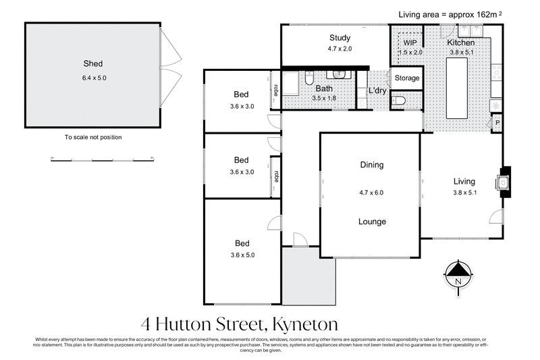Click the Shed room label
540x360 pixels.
pos(93,64)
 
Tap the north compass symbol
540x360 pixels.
pos(458,276)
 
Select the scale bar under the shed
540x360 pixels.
pos(103,159)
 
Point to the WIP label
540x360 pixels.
pos(409,43)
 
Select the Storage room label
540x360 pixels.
pos(407,78)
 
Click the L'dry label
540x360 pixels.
pos(377,91)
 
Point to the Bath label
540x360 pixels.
pos(325,88)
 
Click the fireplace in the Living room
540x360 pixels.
pos(504,181)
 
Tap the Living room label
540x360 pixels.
pos(464,181)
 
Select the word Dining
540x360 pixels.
pos(371,165)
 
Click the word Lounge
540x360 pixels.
pos(372,222)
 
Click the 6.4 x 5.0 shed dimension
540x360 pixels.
pos(93,78)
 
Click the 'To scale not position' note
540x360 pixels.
pos(93,137)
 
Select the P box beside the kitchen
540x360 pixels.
pos(497,124)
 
